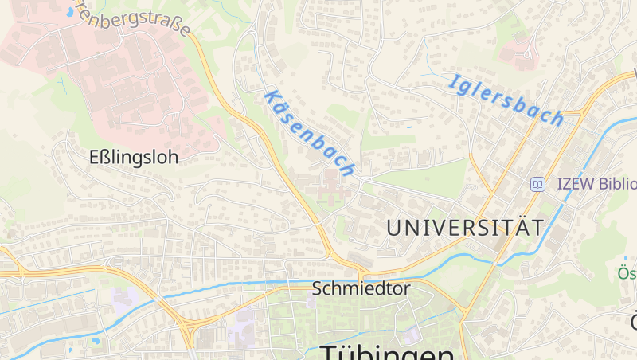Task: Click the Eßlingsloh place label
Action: [x=134, y=158]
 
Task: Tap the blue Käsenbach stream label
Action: [x=308, y=132]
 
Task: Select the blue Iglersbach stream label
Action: [x=506, y=100]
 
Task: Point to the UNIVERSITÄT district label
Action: [x=465, y=228]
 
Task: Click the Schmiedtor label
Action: [x=361, y=288]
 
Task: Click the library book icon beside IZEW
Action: [x=537, y=184]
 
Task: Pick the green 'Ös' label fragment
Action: [x=627, y=274]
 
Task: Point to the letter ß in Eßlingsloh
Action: [x=111, y=158]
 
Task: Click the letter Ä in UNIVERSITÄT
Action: [x=517, y=227]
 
